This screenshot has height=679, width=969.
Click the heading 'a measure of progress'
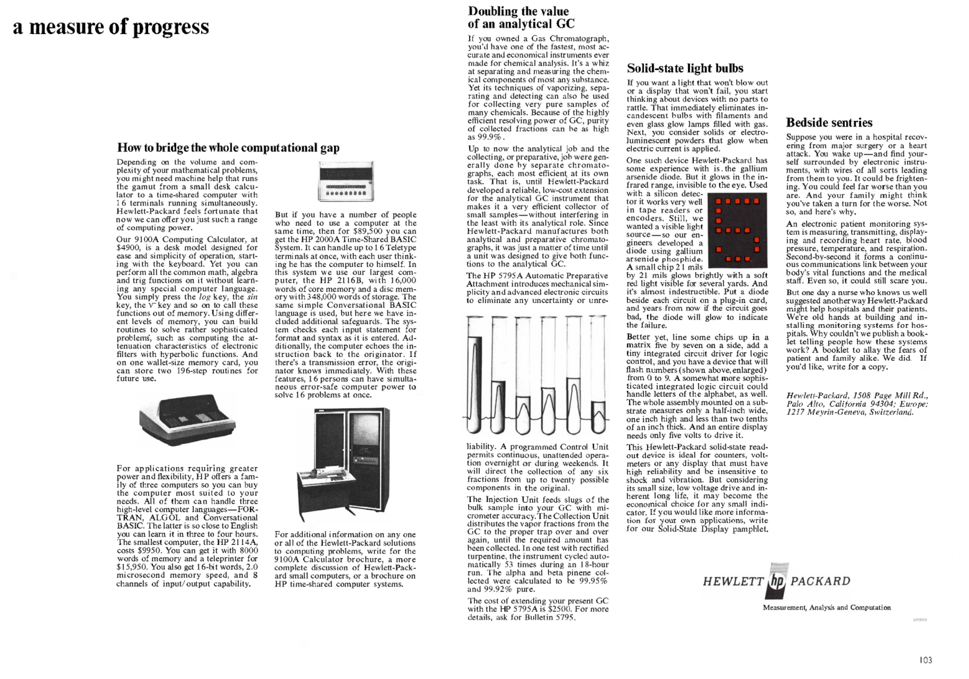[111, 27]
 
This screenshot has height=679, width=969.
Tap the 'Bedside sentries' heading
[829, 123]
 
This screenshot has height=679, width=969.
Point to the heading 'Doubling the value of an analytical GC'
[521, 17]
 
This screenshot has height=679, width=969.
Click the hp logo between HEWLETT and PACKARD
[777, 581]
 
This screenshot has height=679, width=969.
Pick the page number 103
[926, 660]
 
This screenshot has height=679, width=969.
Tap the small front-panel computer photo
[346, 181]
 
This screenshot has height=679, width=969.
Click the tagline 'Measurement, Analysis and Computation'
[826, 608]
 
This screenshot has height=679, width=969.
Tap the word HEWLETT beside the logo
[733, 582]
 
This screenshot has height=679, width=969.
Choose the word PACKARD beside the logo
[820, 582]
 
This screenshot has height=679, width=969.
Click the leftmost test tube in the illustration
[475, 375]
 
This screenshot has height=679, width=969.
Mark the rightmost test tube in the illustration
[598, 375]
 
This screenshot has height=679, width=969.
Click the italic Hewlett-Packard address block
[857, 404]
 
